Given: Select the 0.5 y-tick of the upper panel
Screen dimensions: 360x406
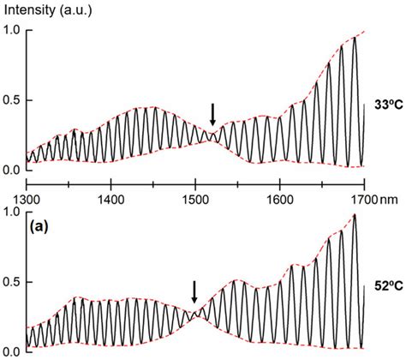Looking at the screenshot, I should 11,100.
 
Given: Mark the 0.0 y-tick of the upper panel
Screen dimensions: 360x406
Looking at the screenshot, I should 11,169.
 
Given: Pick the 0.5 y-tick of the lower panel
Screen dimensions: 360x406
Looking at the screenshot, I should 11,281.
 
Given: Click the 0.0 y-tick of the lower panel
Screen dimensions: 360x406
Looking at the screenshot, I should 11,350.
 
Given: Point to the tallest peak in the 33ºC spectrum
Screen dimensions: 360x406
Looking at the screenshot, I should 355,38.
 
